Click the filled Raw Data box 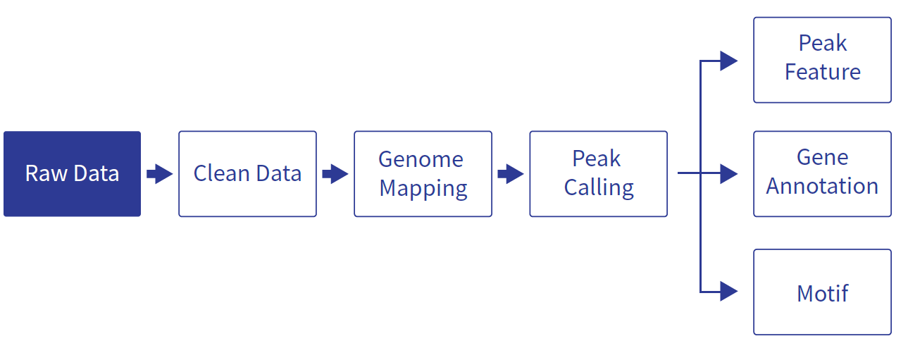tap(72, 173)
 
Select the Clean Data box tap(248, 173)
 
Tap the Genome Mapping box tap(423, 173)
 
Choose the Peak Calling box tap(598, 173)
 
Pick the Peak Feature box tap(823, 60)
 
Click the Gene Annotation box tap(823, 173)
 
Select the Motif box tap(823, 292)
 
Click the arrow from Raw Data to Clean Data tap(160, 174)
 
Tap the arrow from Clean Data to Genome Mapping tap(335, 174)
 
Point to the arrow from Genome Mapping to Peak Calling tap(511, 174)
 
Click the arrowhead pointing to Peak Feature tap(729, 61)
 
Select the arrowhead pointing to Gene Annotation tap(729, 173)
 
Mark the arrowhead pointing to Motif tap(729, 292)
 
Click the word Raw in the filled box tap(46, 173)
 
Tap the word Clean tap(221, 173)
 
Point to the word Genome tap(421, 159)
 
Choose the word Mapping tap(423, 189)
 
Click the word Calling tap(599, 188)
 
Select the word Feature tap(823, 72)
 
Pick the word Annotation tap(822, 186)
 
